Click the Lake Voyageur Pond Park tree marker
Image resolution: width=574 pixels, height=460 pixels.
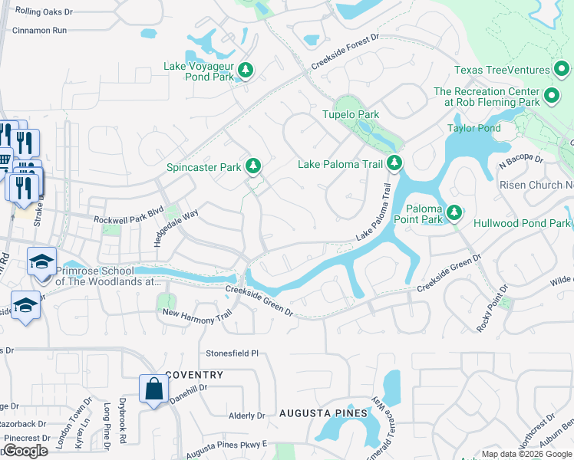pyautogui.click(x=246, y=71)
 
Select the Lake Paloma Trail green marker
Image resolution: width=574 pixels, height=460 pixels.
pyautogui.click(x=394, y=163)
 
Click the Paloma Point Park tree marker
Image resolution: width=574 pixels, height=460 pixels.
pyautogui.click(x=455, y=211)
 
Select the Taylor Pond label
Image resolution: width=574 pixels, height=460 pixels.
pyautogui.click(x=473, y=128)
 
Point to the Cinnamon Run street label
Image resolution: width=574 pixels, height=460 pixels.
pyautogui.click(x=40, y=31)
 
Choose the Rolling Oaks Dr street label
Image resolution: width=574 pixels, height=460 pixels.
pyautogui.click(x=44, y=12)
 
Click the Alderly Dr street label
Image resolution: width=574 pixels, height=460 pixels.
pyautogui.click(x=246, y=416)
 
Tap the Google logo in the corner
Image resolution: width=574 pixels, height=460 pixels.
pyautogui.click(x=25, y=451)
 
